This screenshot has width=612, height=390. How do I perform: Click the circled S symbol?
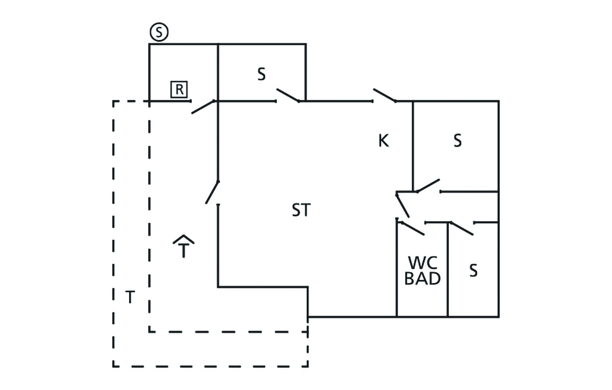point(158,33)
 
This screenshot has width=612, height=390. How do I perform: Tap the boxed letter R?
point(179,90)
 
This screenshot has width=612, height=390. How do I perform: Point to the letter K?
point(384,141)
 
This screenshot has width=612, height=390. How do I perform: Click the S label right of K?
point(457,141)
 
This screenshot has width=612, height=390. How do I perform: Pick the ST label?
point(301,211)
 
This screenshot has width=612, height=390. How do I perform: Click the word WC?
point(423,263)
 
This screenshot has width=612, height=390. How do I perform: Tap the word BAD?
point(423,279)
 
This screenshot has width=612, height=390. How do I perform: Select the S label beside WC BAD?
point(473,271)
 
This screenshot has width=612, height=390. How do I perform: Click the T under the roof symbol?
point(185,250)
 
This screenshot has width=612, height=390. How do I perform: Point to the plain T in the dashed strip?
point(130,297)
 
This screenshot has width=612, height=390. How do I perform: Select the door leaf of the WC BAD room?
point(411,227)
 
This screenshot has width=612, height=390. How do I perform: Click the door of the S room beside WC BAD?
point(461,228)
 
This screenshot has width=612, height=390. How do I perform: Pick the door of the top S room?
point(288,96)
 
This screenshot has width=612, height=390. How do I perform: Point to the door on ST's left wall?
point(212,192)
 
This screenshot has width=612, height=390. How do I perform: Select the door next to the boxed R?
point(203,106)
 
